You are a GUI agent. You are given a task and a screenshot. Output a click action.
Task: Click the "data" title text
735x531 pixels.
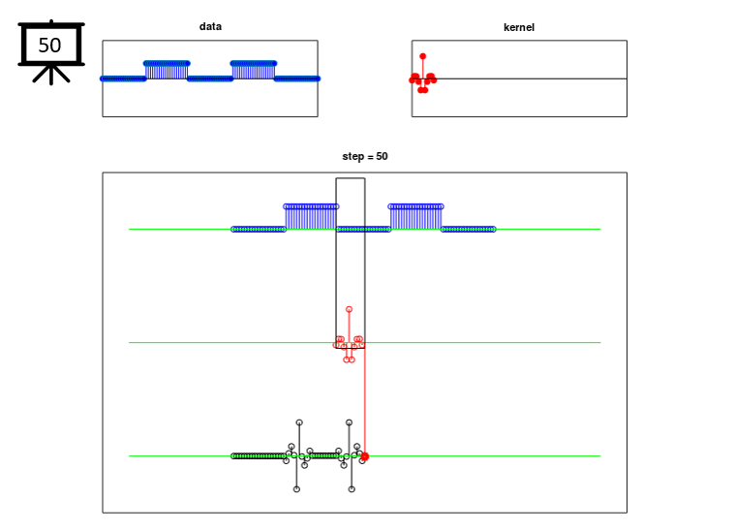point(210,26)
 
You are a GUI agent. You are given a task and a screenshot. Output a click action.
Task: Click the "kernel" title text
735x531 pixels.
point(519,27)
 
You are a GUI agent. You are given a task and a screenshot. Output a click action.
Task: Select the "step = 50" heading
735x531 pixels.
point(365,156)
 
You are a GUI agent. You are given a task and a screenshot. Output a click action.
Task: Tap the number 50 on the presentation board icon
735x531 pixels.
point(49,46)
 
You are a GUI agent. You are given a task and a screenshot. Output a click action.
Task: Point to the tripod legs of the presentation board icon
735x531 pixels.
point(51,74)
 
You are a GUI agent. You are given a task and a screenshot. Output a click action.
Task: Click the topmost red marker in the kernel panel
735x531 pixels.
point(423,56)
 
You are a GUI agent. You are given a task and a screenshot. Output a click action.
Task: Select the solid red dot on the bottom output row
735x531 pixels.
point(365,456)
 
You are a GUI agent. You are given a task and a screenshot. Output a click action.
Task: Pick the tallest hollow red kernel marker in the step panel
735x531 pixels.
point(349,310)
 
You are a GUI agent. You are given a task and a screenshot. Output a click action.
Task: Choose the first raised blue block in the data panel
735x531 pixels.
point(167,71)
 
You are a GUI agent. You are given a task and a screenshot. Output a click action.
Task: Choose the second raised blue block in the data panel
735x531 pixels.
point(254,71)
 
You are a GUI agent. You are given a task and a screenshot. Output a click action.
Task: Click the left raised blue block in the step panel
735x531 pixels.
point(311,217)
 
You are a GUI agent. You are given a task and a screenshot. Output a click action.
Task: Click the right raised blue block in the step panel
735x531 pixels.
point(415,217)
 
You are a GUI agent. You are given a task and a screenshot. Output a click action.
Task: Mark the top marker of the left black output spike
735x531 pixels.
point(299,422)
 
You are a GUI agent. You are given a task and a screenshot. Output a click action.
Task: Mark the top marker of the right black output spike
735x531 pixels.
point(349,422)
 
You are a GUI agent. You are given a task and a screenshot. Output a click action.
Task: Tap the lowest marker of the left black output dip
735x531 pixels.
point(296,489)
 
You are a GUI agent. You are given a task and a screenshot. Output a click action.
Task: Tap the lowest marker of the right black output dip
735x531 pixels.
point(352,489)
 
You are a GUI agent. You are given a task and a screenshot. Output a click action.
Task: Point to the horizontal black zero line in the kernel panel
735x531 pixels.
point(519,78)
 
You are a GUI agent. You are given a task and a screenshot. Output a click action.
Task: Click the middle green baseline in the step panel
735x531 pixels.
point(365,343)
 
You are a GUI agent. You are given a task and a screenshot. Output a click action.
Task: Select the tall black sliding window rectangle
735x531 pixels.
point(336,263)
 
